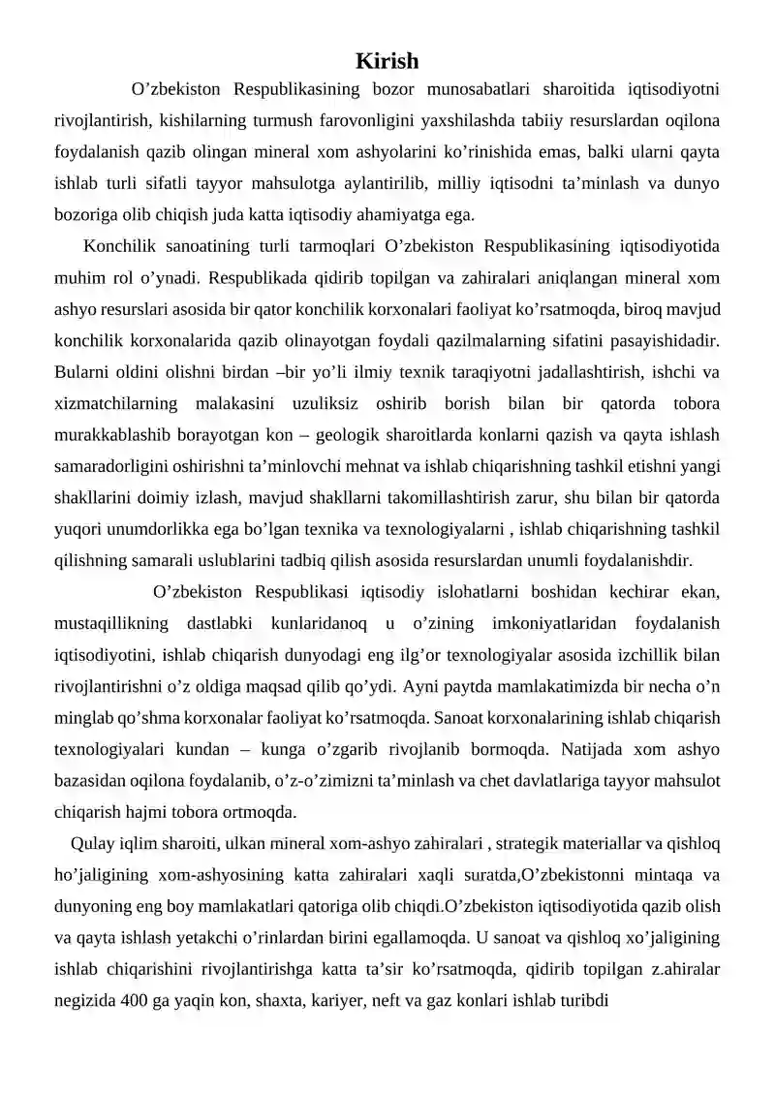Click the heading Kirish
387,61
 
